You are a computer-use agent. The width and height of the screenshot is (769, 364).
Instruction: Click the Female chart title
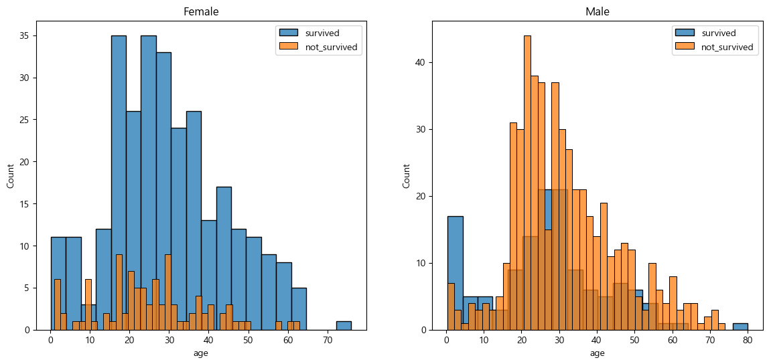[205, 11]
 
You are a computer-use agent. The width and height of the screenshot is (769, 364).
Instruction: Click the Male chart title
[597, 11]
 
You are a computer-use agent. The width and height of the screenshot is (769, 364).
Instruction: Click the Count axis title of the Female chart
[11, 175]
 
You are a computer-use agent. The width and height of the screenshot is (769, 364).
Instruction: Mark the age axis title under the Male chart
[597, 353]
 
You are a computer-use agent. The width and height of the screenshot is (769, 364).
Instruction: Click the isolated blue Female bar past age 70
[344, 326]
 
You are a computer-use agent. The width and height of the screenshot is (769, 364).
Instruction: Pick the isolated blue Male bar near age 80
[740, 327]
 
